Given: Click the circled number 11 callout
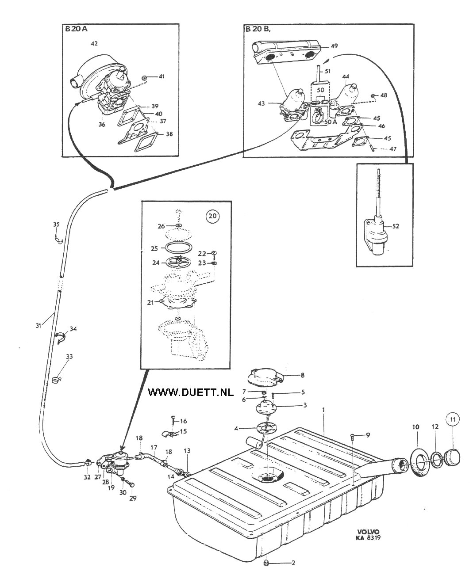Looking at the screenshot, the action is coord(453,419).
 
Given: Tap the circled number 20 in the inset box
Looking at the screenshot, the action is coord(212,216).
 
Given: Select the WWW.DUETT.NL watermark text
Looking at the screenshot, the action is coord(191,392).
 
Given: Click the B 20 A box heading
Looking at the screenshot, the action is coord(76,29).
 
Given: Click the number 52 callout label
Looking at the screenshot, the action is coord(396,226).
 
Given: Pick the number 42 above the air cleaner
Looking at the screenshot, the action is coord(94,43).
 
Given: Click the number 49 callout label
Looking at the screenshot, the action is coord(334,46).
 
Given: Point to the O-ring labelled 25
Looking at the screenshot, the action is coord(176,248).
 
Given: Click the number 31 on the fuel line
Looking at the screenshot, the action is coord(38,325).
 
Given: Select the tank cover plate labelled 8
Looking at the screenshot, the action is coord(265,377).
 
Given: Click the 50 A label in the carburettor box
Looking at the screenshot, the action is coord(331,122).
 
